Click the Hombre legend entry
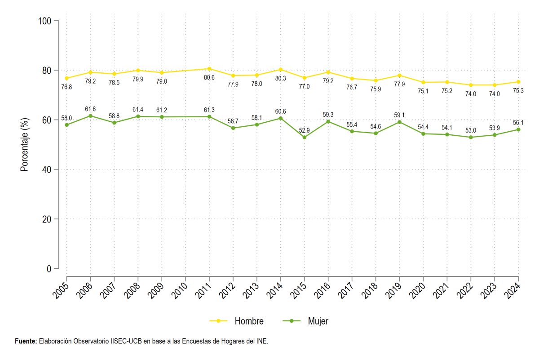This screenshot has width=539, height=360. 237,321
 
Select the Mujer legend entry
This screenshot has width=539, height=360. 305,321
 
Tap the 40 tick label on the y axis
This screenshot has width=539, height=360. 47,169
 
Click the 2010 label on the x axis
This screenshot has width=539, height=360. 179,290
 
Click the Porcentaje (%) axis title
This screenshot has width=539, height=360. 24,144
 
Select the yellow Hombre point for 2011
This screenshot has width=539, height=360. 209,69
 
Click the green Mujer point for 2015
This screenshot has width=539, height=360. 305,137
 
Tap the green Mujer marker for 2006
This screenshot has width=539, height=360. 90,116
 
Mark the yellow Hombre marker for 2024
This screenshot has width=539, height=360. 518,82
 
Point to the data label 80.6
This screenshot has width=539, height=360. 209,78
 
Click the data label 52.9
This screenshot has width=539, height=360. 304,130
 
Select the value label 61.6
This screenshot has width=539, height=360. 90,109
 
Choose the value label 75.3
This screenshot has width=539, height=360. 518,91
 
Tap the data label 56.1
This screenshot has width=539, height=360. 518,123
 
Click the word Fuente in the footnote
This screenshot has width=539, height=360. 26,341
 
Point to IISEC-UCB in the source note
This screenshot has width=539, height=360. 126,341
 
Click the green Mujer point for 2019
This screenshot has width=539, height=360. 399,122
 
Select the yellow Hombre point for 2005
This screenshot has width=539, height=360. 66,78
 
